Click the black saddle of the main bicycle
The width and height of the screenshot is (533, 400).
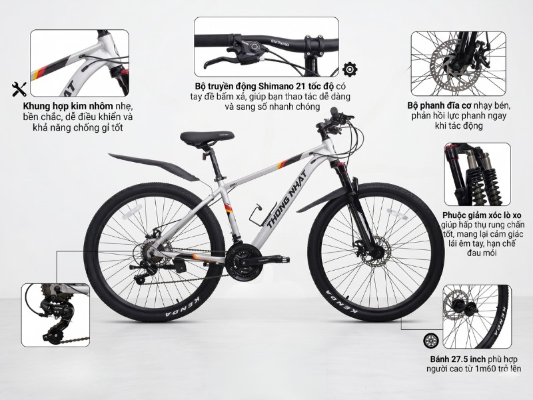pyautogui.click(x=207, y=138)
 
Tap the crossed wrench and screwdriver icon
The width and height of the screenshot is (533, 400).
pyautogui.click(x=19, y=89)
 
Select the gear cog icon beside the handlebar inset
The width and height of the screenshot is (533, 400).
pyautogui.click(x=349, y=69)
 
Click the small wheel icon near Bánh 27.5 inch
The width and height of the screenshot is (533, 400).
pyautogui.click(x=431, y=341)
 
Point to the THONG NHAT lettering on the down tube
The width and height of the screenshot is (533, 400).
pyautogui.click(x=286, y=199)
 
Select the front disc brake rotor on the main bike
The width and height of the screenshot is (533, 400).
pyautogui.click(x=372, y=252)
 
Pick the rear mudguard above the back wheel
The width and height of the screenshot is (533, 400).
pyautogui.click(x=154, y=166)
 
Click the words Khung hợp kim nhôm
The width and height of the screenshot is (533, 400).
pyautogui.click(x=68, y=105)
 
